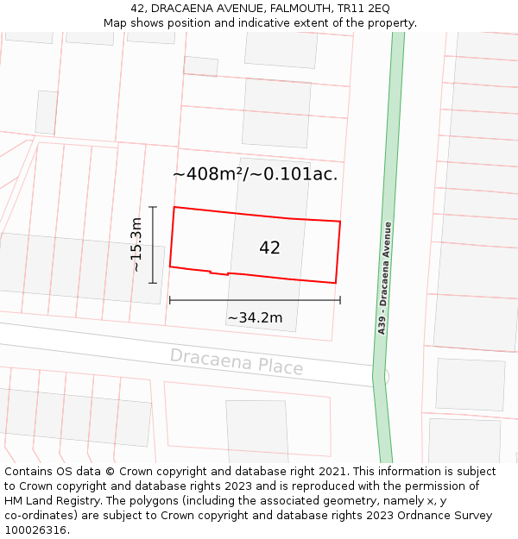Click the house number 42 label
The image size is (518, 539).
(269, 248)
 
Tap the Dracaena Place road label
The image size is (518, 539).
(237, 361)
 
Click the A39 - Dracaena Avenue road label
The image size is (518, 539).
(385, 278)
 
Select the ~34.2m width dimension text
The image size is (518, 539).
(255, 318)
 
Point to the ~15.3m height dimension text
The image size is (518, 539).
(136, 245)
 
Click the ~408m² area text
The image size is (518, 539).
(208, 174)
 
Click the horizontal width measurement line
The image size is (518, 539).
(255, 300)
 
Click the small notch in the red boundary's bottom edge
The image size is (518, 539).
(219, 273)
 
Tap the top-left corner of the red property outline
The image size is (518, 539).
(174, 207)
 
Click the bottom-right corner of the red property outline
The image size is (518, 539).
(335, 283)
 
